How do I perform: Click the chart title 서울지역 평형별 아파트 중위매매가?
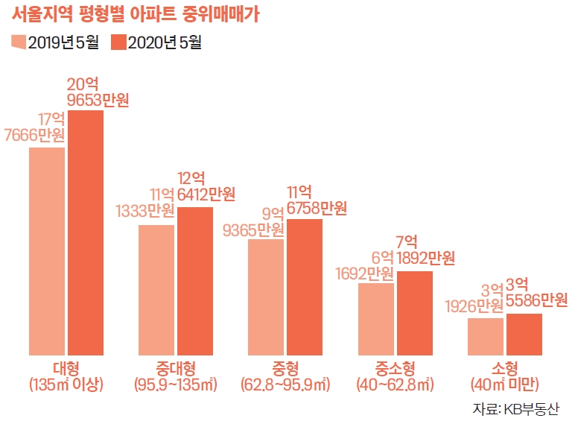142,15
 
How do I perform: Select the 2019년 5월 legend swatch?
19,42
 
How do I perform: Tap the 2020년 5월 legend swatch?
118,42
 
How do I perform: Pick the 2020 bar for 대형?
86,232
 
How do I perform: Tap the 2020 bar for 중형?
305,287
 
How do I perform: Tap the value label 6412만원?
206,195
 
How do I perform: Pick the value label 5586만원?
537,300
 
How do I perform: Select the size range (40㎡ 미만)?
505,385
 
